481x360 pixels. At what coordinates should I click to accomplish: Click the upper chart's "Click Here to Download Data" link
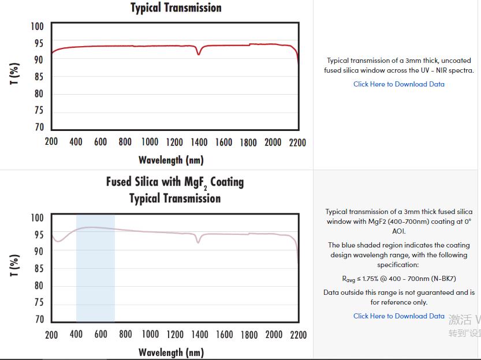[x=399, y=84]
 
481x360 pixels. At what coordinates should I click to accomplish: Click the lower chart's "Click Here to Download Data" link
[x=399, y=316]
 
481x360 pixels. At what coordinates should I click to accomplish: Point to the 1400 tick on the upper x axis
[x=199, y=142]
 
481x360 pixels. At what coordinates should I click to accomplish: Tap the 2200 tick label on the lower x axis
[x=298, y=335]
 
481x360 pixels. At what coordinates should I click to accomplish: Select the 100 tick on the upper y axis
[x=37, y=27]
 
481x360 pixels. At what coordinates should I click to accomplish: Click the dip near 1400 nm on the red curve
[x=199, y=54]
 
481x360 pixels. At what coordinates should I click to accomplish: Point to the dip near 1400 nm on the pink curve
[x=198, y=242]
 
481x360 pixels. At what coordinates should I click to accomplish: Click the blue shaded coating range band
[x=95, y=277]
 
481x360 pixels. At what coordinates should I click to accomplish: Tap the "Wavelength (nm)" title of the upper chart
[x=171, y=160]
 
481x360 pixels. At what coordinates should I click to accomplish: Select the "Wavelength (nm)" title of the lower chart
[x=171, y=352]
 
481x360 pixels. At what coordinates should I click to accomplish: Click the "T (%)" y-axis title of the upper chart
[x=14, y=73]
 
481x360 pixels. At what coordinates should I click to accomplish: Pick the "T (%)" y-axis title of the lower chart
[x=14, y=265]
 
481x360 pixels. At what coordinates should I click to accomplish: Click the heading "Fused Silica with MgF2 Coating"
[x=175, y=182]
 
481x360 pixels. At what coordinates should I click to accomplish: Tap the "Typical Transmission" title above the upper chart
[x=176, y=8]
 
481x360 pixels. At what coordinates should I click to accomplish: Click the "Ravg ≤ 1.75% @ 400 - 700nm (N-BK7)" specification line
[x=399, y=279]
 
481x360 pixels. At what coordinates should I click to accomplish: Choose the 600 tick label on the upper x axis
[x=100, y=142]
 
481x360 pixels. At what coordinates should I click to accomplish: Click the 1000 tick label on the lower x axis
[x=150, y=335]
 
